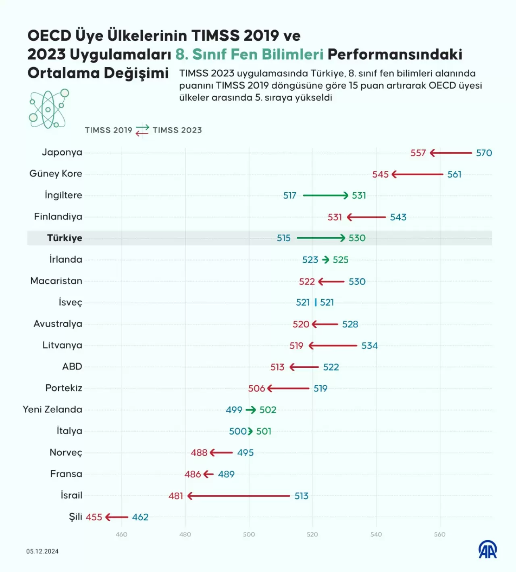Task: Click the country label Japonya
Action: click(x=62, y=152)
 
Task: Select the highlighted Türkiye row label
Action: click(x=64, y=238)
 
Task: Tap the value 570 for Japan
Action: click(x=484, y=153)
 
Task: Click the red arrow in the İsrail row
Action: click(x=239, y=496)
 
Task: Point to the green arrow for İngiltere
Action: click(x=325, y=195)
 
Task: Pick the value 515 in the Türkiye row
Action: click(x=283, y=238)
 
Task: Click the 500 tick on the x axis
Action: click(x=249, y=535)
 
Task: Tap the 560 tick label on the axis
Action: click(x=439, y=535)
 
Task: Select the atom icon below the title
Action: click(x=48, y=109)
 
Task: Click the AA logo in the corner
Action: click(x=487, y=550)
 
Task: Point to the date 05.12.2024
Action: click(x=42, y=551)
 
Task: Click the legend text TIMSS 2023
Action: click(x=177, y=130)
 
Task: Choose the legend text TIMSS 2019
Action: click(x=108, y=130)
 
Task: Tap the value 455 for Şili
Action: click(x=94, y=517)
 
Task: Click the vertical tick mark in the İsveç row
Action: click(x=315, y=302)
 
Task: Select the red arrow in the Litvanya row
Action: click(x=333, y=346)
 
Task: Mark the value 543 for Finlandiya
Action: click(x=398, y=217)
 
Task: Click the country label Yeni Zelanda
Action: click(x=52, y=410)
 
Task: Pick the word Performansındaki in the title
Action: click(x=395, y=54)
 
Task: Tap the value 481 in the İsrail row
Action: click(x=176, y=496)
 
